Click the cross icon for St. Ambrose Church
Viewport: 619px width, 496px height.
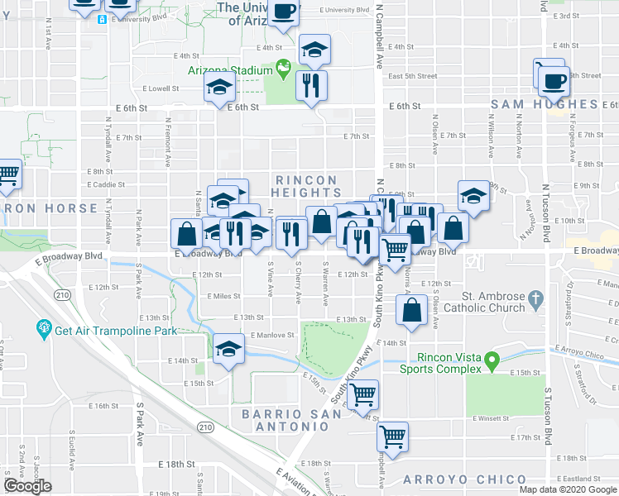(x=535, y=297)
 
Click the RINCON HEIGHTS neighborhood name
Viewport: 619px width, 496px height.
(x=306, y=186)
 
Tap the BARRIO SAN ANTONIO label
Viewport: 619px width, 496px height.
(x=286, y=420)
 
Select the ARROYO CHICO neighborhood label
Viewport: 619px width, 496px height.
(x=464, y=479)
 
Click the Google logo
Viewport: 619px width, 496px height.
(x=27, y=486)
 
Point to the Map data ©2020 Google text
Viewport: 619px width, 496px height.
(x=568, y=489)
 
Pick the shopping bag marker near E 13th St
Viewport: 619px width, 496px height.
(x=411, y=312)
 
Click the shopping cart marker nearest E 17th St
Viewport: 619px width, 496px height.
(x=392, y=436)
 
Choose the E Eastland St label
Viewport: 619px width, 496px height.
(x=580, y=479)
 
